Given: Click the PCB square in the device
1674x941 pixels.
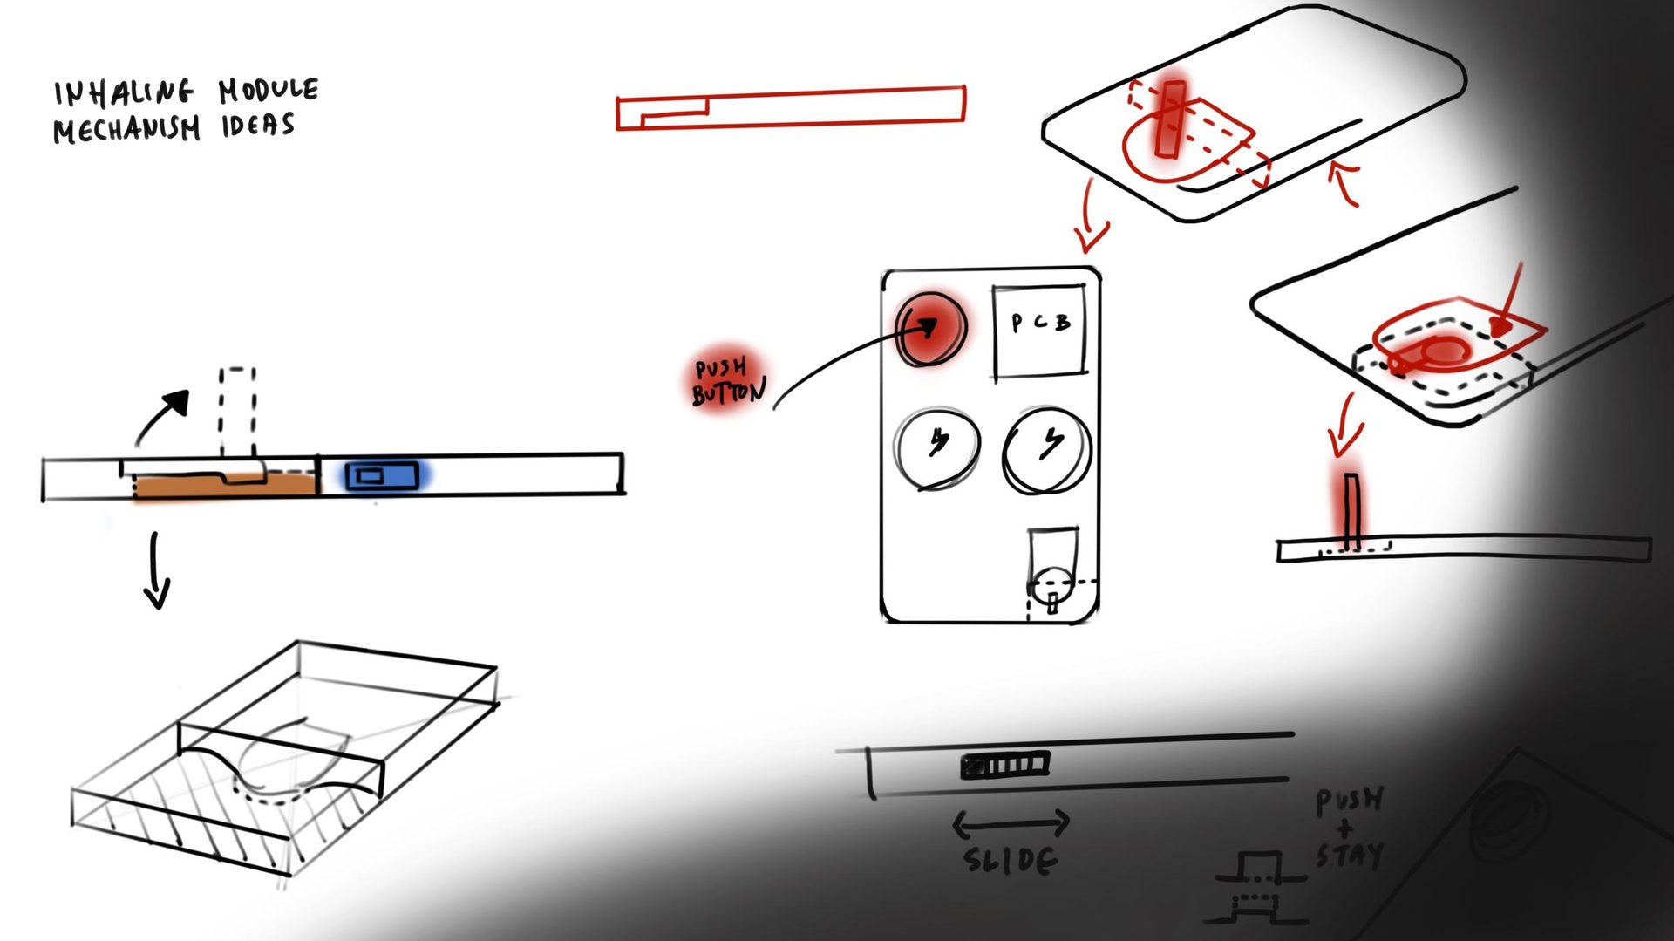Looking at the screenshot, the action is (1040, 332).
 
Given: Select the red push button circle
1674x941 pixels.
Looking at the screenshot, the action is (932, 328).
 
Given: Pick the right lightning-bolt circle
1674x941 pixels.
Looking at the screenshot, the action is (1047, 450).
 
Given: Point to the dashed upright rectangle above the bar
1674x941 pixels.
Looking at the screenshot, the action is (237, 412).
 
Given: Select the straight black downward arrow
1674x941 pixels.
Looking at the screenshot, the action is (156, 570).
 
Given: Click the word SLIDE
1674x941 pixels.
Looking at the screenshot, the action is (1011, 860).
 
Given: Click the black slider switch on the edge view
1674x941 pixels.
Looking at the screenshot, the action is (1005, 766).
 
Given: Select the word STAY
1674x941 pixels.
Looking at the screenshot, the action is (1350, 855).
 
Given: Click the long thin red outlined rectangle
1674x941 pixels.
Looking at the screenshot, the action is (791, 108).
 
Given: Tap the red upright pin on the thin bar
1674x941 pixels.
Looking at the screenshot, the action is (1351, 513).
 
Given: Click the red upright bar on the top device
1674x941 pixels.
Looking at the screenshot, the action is (1170, 119).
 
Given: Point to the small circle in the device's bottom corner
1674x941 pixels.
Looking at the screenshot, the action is (1052, 582).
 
